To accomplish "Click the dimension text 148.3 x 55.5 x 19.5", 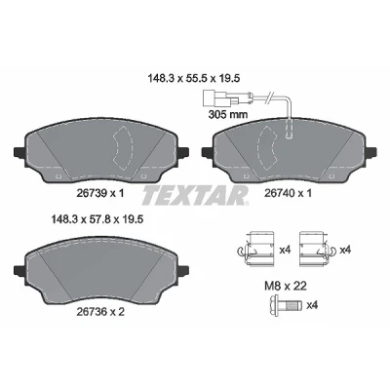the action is (x=194, y=78).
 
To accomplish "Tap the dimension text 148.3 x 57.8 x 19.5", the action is (x=97, y=220).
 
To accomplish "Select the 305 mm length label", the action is (x=227, y=114).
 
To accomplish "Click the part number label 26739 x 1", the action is (x=100, y=194).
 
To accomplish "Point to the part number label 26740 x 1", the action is (x=288, y=194).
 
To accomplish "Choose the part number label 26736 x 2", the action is (x=100, y=312).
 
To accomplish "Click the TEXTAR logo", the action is (x=195, y=195).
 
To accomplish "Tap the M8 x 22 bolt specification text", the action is (x=286, y=286).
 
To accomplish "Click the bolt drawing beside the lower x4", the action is (x=284, y=305).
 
